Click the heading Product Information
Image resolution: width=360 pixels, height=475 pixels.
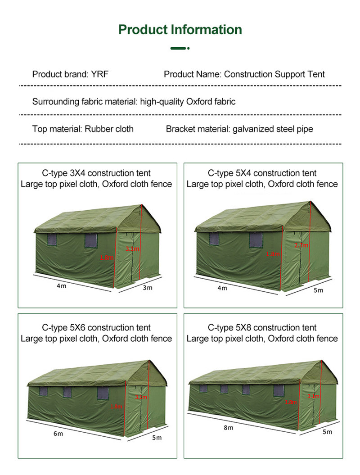[180, 30]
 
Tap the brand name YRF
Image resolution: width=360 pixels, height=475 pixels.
[100, 74]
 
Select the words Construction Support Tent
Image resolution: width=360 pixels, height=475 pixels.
[274, 74]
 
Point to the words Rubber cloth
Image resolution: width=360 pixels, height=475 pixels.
[109, 129]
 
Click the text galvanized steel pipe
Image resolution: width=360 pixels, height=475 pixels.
[273, 129]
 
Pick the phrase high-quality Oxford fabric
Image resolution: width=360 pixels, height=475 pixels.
[188, 102]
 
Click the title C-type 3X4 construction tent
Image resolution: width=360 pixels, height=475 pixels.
[96, 173]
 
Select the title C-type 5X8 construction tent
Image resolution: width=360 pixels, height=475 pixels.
[262, 328]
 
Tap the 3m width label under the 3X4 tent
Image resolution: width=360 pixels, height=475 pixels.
[148, 288]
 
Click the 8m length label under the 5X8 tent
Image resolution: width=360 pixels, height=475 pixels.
[229, 428]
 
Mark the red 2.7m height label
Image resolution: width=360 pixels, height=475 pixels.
[301, 245]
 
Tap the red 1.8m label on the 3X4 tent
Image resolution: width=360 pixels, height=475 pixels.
[107, 258]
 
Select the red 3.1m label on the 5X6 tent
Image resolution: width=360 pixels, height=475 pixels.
[141, 397]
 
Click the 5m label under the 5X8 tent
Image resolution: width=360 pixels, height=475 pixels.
[328, 432]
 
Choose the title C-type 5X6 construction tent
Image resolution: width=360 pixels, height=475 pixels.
[96, 328]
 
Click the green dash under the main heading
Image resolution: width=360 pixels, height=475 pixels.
[179, 48]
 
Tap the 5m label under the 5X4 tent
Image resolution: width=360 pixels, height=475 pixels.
[318, 290]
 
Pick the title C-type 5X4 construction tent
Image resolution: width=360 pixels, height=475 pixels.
[262, 173]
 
